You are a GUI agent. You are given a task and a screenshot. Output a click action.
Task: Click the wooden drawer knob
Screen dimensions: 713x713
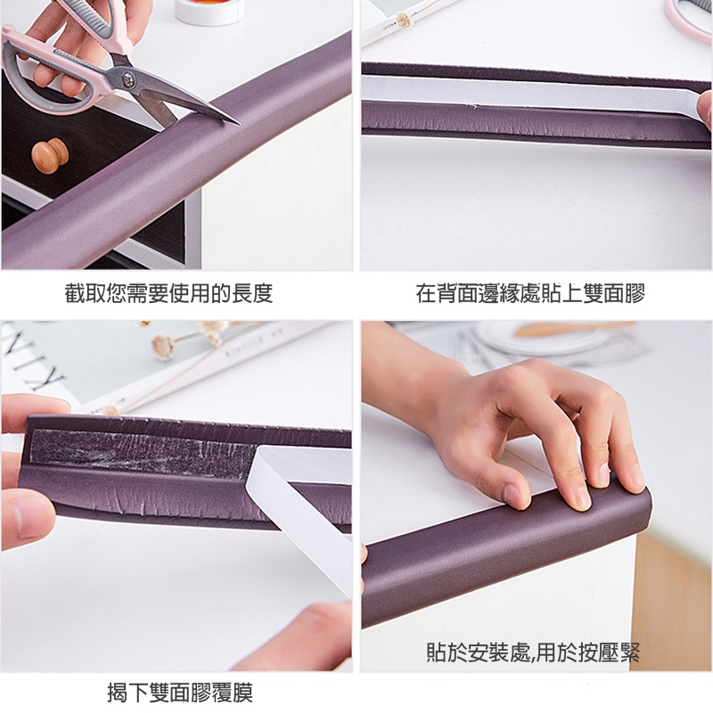50,155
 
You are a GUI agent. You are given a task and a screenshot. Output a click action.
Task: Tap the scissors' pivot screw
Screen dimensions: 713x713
127,79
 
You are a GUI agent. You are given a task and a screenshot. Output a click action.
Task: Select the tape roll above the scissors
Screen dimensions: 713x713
209,11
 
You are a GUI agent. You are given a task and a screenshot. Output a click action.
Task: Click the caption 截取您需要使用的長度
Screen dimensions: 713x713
168,293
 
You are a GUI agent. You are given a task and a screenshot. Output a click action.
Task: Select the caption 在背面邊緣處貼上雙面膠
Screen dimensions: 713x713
530,293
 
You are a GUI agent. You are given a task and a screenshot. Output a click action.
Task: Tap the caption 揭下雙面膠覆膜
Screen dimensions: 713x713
180,693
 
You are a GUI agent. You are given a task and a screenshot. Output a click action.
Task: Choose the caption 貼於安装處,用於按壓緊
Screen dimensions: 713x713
533,652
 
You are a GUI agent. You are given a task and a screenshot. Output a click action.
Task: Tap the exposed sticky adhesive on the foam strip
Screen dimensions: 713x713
141,451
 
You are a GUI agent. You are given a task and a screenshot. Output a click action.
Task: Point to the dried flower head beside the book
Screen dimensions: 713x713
162,348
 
